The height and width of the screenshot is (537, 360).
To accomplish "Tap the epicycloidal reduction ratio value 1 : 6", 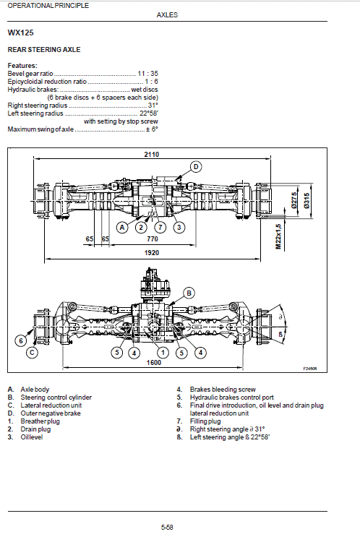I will pyautogui.click(x=150, y=80).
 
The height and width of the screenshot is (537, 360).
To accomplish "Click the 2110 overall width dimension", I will pyautogui.click(x=152, y=155).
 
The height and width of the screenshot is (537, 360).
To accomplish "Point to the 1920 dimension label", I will pyautogui.click(x=152, y=254).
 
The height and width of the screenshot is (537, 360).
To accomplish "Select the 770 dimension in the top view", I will pyautogui.click(x=153, y=238).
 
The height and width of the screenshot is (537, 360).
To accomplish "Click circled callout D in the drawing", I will pyautogui.click(x=196, y=167).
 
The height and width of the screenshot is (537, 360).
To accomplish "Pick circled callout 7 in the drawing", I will pyautogui.click(x=160, y=227).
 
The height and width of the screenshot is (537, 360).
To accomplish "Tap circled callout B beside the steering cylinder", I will pyautogui.click(x=189, y=293).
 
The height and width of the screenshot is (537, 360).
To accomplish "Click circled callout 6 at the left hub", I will pyautogui.click(x=22, y=340).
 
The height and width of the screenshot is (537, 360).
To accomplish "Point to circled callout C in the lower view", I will pyautogui.click(x=32, y=353).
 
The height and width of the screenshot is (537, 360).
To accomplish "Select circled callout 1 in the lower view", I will pyautogui.click(x=163, y=352).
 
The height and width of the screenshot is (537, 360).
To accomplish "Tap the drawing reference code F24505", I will pyautogui.click(x=310, y=368).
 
